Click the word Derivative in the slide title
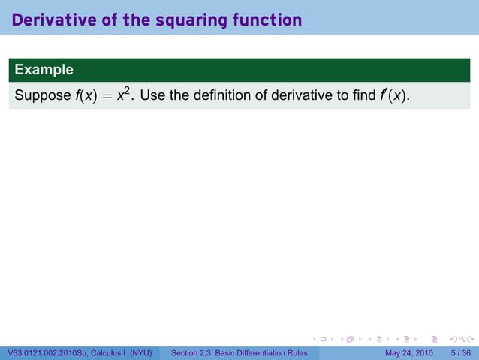pyautogui.click(x=50, y=20)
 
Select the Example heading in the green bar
pyautogui.click(x=44, y=70)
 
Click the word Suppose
pyautogui.click(x=41, y=96)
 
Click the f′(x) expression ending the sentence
pyautogui.click(x=395, y=96)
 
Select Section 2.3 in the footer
pyautogui.click(x=191, y=353)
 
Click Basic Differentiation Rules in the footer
pyautogui.click(x=261, y=353)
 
